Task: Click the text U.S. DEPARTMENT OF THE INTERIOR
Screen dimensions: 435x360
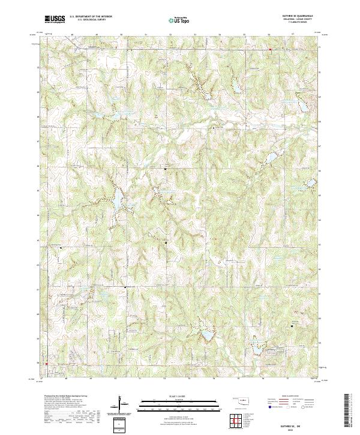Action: pos(91,16)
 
